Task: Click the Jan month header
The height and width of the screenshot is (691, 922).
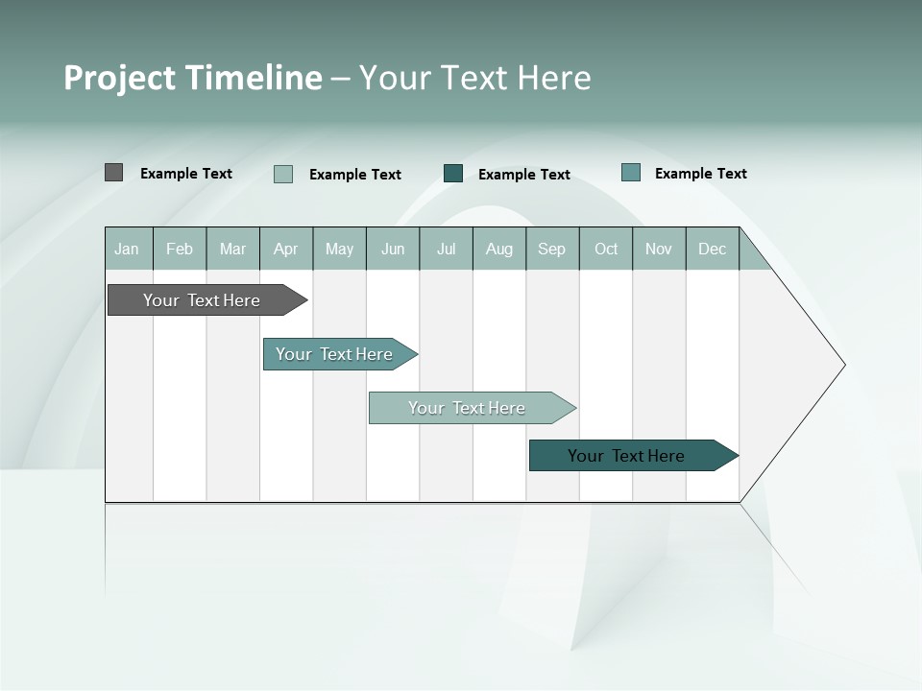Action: pos(128,249)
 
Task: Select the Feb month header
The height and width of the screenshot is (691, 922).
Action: pos(180,249)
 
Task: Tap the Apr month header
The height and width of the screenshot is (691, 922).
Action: pos(286,249)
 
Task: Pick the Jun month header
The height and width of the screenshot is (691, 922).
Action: pos(393,249)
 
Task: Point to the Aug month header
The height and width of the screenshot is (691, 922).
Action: pos(499,249)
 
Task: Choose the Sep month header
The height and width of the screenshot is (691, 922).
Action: pos(552,249)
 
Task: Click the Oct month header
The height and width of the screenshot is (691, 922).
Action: pos(606,249)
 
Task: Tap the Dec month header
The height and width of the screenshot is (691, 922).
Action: pos(713,249)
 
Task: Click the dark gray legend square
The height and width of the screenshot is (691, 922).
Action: pos(114,173)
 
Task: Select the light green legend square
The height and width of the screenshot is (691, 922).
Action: pos(283,174)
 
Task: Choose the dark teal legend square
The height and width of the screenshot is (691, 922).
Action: pos(453,174)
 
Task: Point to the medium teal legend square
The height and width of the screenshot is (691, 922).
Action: pos(631,173)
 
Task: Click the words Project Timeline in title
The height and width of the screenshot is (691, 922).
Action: pos(193,78)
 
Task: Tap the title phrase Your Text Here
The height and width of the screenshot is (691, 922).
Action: pos(475,78)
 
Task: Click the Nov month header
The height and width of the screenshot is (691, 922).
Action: pos(659,249)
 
